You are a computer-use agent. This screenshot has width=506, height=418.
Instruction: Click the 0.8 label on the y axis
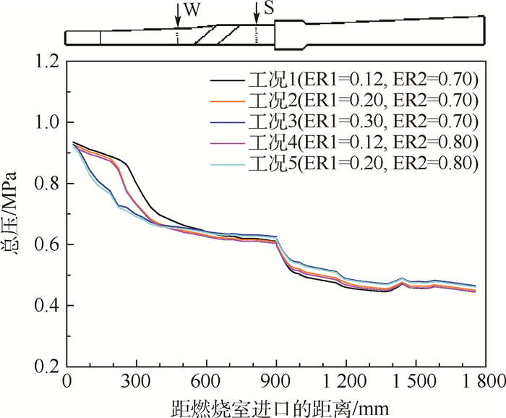[46, 184]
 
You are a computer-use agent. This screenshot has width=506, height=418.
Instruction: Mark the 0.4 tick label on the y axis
[46, 306]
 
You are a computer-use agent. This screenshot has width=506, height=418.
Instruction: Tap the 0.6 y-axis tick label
[46, 245]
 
